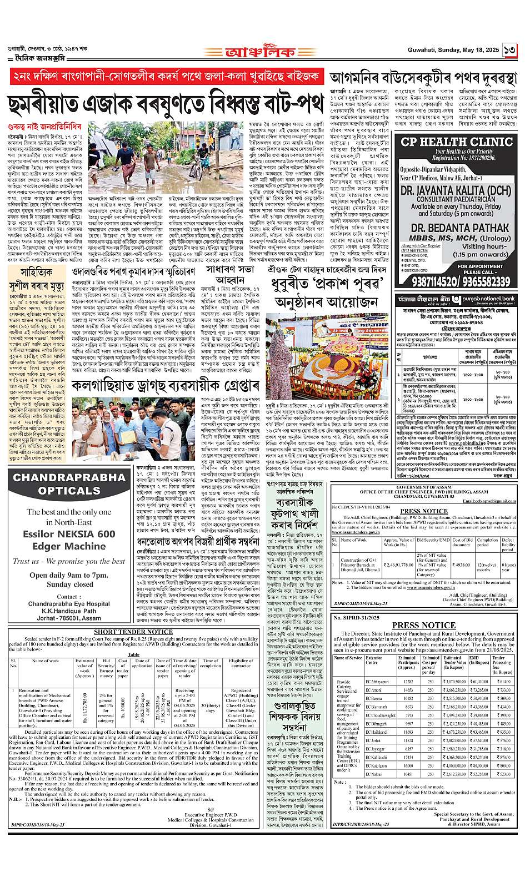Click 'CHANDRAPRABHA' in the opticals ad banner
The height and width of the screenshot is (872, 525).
pyautogui.click(x=69, y=477)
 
